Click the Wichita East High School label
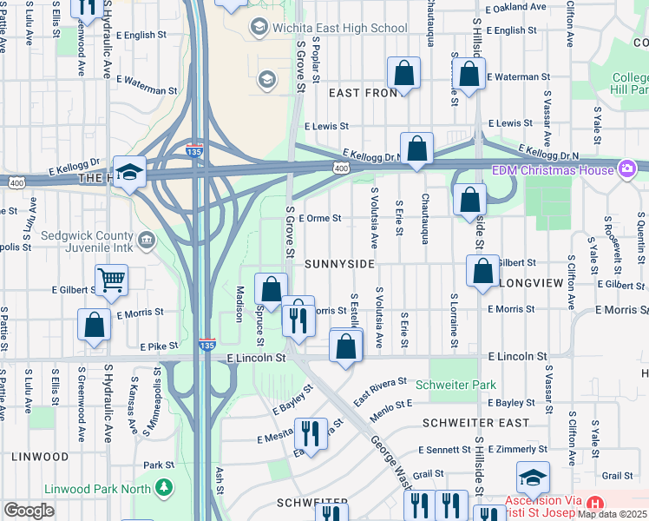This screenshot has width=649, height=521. point(339,28)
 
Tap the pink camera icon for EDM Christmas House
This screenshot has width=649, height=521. point(626,168)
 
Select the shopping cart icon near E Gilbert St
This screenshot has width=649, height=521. point(112,280)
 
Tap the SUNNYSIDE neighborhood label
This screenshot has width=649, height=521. point(339,263)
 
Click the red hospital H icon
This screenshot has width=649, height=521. point(594,504)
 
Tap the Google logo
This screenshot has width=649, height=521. point(29,511)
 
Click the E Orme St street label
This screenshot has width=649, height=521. point(323,219)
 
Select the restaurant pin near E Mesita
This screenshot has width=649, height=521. point(311,432)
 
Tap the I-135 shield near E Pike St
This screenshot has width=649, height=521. point(206,345)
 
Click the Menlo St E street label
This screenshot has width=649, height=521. point(391,404)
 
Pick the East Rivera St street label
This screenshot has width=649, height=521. point(380,392)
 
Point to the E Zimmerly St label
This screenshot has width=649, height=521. point(517,450)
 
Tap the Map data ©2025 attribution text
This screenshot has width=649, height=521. point(612,514)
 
